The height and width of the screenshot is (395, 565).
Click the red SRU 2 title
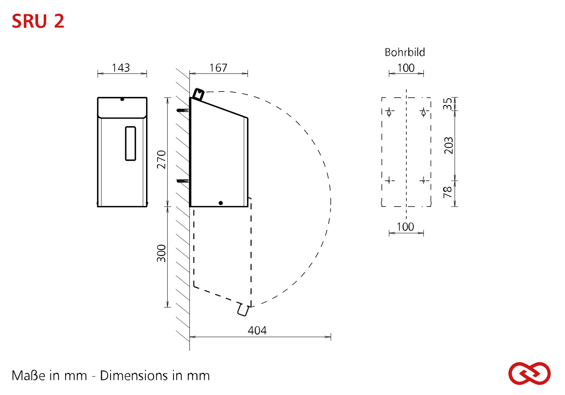(x=38, y=21)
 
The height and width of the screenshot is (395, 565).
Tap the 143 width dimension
(x=121, y=68)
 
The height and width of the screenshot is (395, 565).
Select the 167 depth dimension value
(x=218, y=68)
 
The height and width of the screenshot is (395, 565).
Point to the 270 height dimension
(x=162, y=159)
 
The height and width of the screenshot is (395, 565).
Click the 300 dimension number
(x=162, y=253)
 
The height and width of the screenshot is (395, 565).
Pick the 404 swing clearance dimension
(x=257, y=330)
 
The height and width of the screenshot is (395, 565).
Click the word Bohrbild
(x=405, y=52)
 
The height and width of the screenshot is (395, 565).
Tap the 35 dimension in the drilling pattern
(x=448, y=104)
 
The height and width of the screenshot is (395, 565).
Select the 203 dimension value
(x=448, y=146)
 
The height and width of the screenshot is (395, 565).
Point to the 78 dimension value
(x=448, y=192)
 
